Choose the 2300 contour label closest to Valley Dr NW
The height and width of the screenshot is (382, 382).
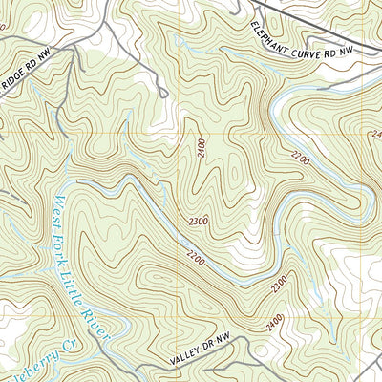280,285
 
